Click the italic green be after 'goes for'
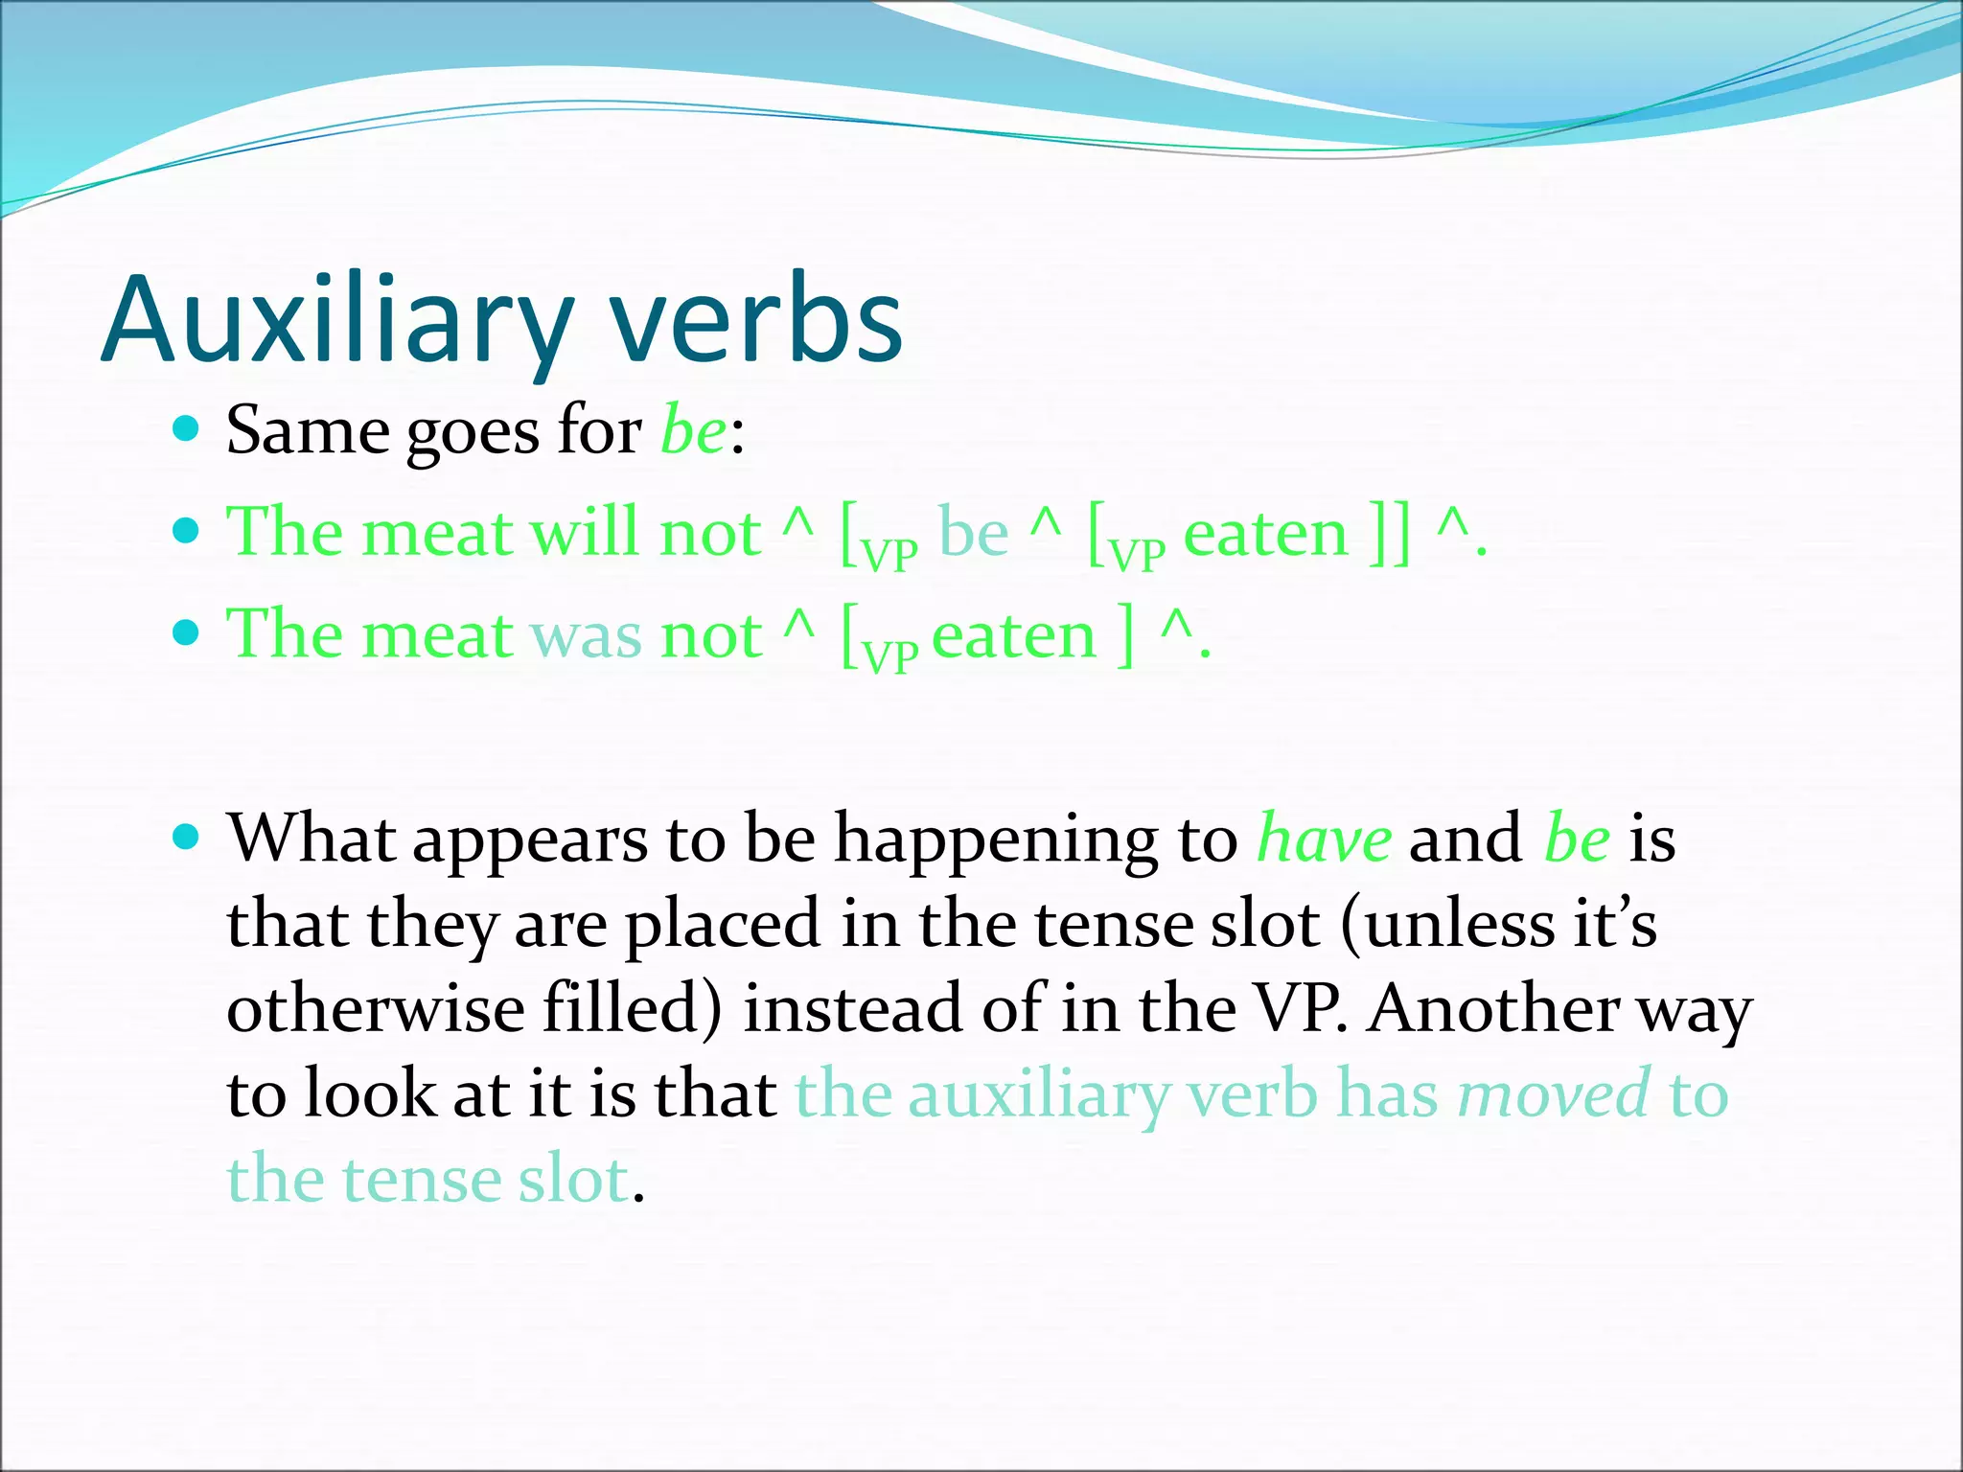click(x=694, y=430)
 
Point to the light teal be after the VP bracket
click(x=973, y=533)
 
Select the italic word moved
click(x=1554, y=1094)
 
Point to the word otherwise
click(x=375, y=1009)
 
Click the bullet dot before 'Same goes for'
click(x=187, y=427)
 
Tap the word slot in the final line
click(x=573, y=1180)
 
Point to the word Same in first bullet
click(x=308, y=430)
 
